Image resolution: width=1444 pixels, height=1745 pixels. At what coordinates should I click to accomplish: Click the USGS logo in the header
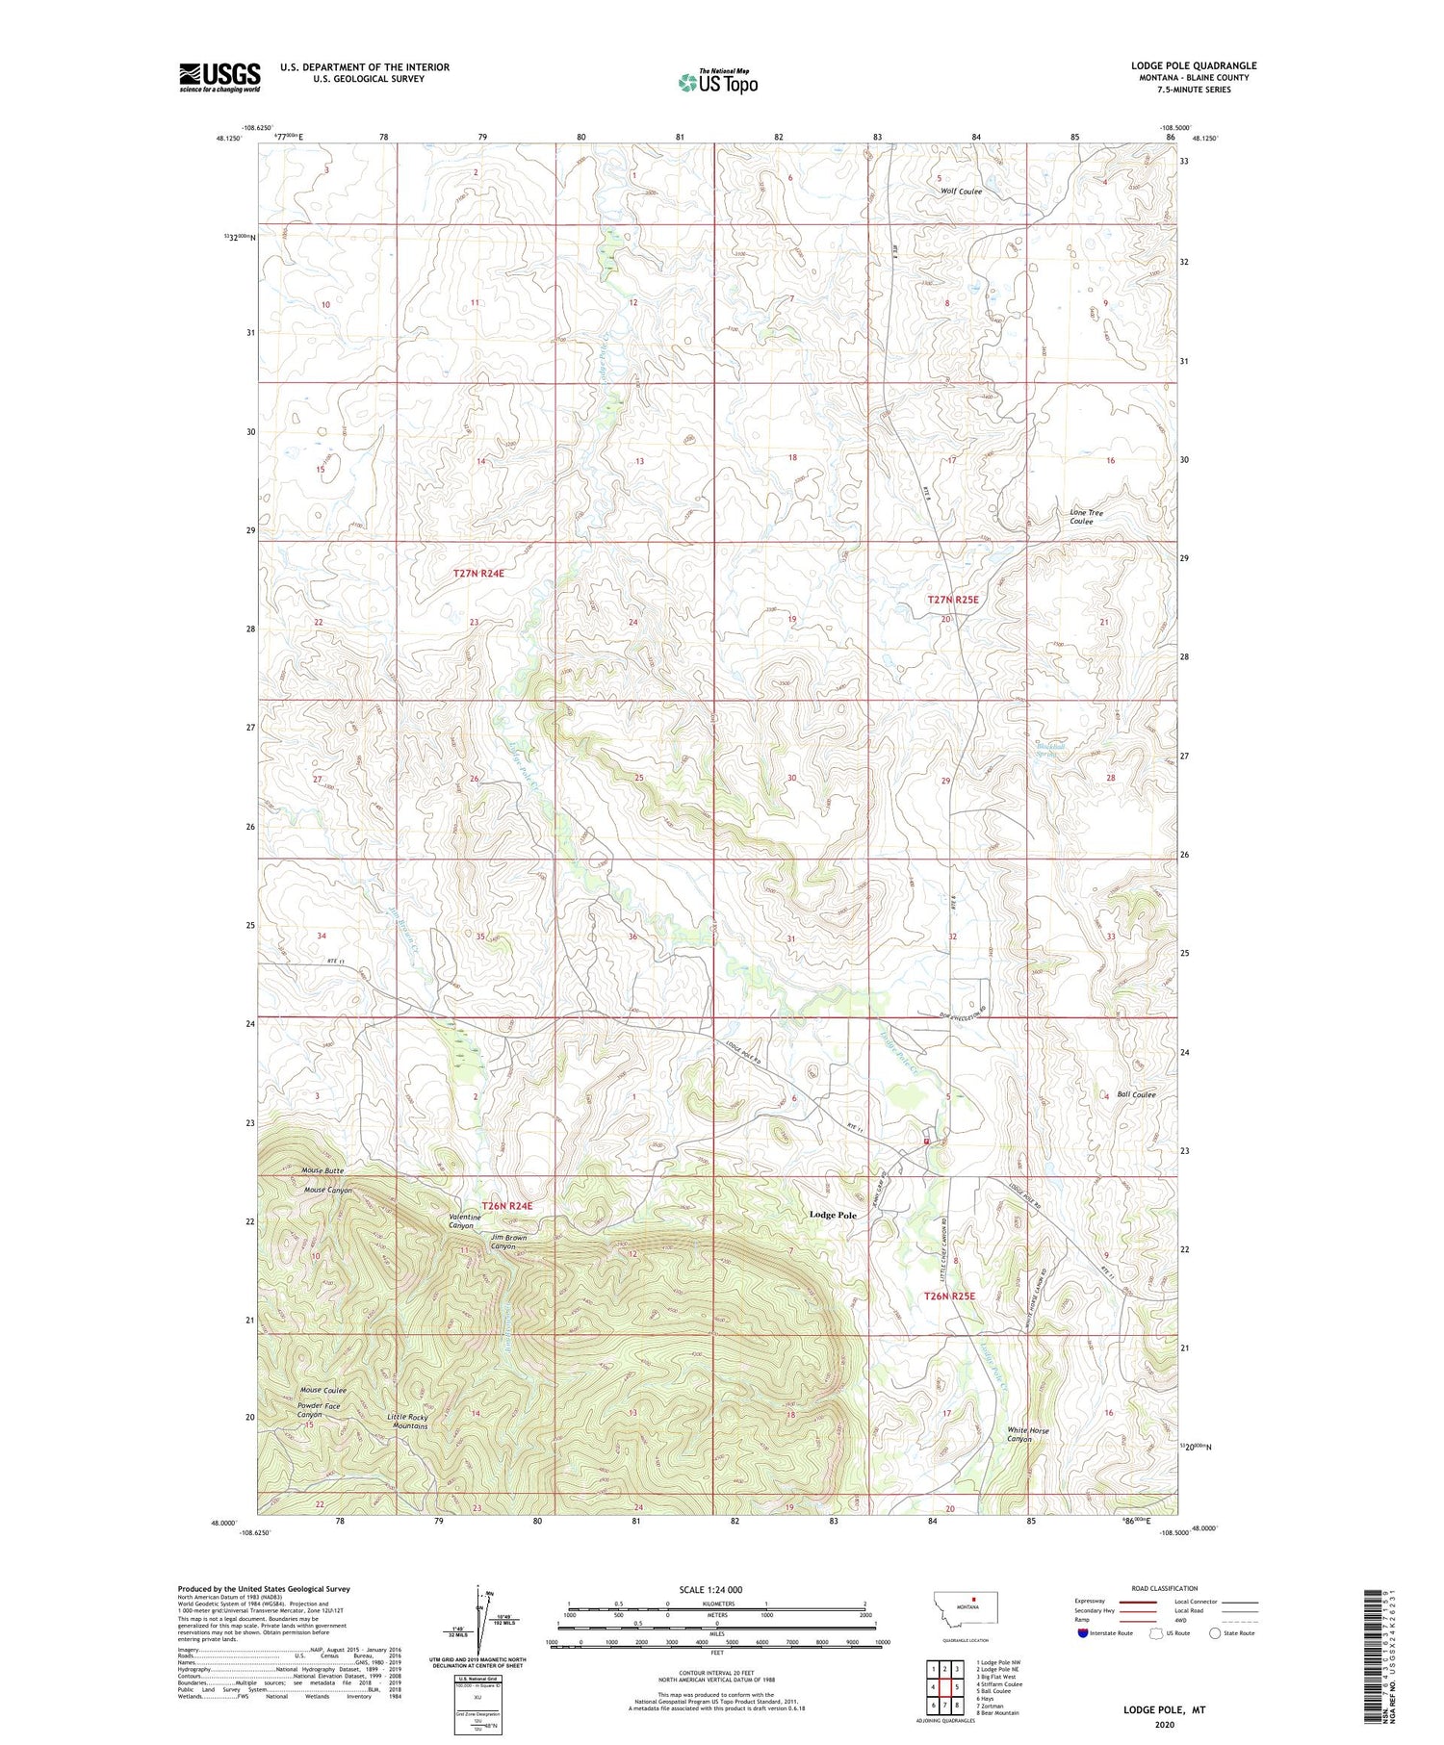[219, 77]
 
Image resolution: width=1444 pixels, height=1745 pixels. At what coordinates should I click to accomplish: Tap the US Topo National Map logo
[717, 82]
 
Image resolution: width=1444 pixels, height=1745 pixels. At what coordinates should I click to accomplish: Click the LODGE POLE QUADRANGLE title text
[1194, 65]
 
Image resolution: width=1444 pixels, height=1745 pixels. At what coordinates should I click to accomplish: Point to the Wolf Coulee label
[961, 192]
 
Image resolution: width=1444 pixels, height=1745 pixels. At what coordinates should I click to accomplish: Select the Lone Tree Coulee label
[1087, 517]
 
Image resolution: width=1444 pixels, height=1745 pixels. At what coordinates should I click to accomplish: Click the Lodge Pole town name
[833, 1215]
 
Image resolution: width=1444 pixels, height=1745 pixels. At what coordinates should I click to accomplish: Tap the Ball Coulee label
[1136, 1094]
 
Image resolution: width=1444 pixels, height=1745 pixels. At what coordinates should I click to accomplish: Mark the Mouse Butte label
[322, 1170]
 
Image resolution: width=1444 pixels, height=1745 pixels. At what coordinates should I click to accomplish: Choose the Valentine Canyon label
[464, 1221]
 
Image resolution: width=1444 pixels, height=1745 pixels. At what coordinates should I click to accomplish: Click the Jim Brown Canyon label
[509, 1242]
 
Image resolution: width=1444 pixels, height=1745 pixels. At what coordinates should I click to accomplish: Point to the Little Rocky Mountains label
[407, 1421]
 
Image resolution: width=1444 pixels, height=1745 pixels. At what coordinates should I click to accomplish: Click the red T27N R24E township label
[478, 573]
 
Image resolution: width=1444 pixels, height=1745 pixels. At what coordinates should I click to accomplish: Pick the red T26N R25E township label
[949, 1296]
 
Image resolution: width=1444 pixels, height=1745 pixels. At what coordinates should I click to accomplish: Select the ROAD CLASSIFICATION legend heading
[1165, 1588]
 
